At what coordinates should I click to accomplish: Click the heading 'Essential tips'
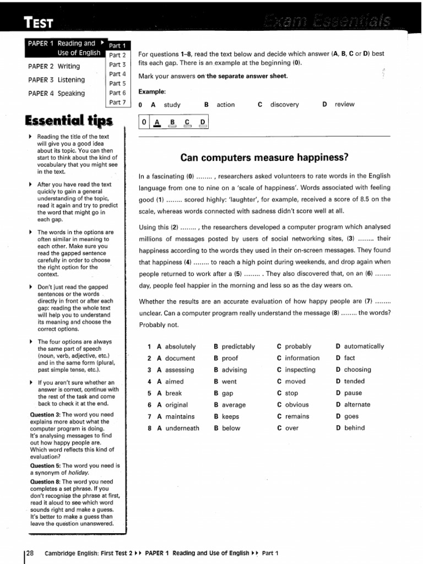[x=69, y=121]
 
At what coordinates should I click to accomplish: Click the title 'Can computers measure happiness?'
[x=264, y=158]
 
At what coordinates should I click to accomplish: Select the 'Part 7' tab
[x=117, y=102]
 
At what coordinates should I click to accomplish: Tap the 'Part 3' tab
[x=117, y=64]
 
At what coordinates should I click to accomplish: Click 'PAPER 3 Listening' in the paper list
[x=57, y=80]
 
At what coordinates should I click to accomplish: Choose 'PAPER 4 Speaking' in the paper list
[x=57, y=93]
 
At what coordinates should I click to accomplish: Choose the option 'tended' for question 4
[x=354, y=381]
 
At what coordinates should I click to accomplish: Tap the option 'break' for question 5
[x=173, y=393]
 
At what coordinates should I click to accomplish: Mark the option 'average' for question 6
[x=234, y=405]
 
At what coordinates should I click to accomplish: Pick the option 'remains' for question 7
[x=297, y=416]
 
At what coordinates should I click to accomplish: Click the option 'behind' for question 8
[x=354, y=428]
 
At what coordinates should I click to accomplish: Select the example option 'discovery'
[x=284, y=104]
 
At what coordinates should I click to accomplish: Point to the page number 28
[x=30, y=553]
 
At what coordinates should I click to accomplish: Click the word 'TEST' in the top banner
[x=39, y=22]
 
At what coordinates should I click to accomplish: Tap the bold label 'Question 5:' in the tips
[x=46, y=465]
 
